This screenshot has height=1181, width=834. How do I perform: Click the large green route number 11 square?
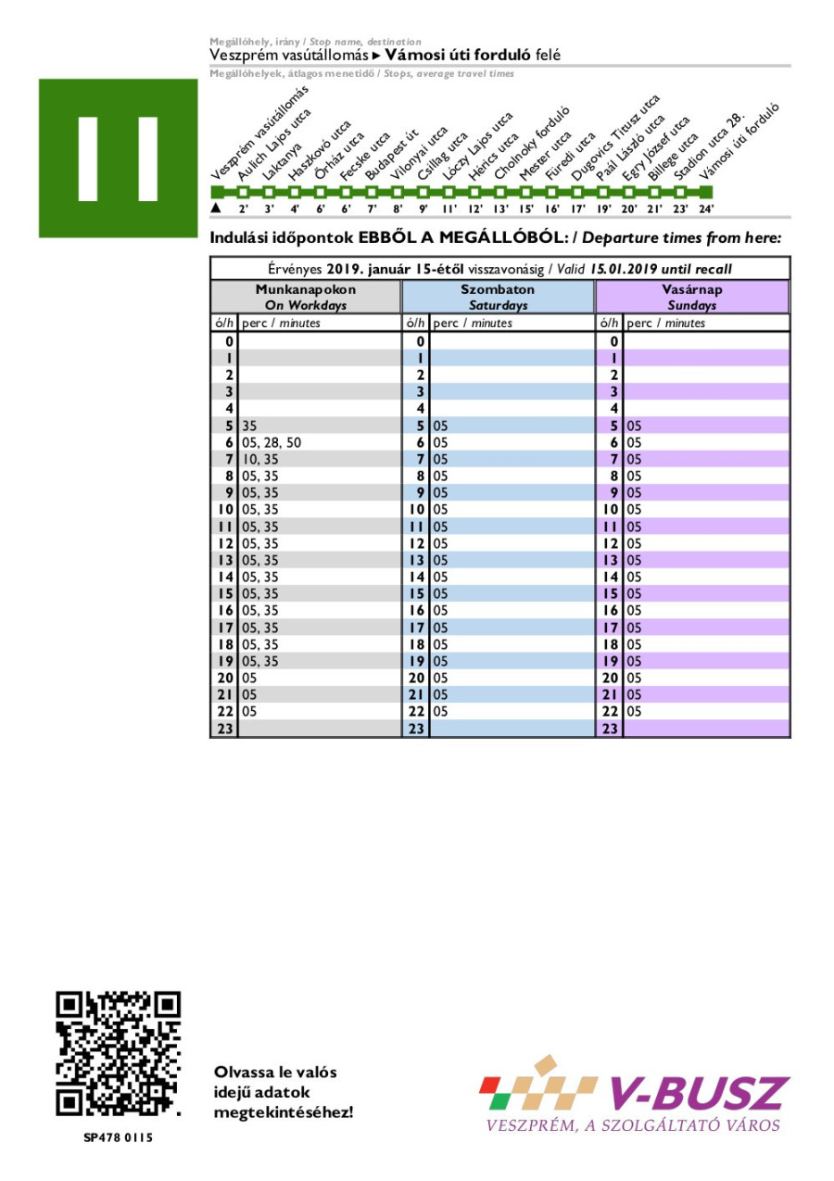118,158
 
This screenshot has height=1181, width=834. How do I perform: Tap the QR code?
118,1054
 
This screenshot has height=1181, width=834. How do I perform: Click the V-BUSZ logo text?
699,1094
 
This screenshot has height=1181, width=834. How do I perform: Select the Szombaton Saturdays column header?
498,297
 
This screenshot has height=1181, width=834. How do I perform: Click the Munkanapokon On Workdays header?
306,297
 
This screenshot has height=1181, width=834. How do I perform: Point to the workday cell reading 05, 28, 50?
271,443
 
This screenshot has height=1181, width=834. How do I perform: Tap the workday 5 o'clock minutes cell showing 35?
249,426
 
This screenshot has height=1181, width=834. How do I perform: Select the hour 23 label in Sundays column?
610,729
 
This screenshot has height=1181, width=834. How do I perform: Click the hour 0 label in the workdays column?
228,342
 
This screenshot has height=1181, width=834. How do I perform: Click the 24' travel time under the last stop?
706,210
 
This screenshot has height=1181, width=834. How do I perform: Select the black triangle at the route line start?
216,209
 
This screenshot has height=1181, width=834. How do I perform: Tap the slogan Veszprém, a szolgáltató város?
633,1125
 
